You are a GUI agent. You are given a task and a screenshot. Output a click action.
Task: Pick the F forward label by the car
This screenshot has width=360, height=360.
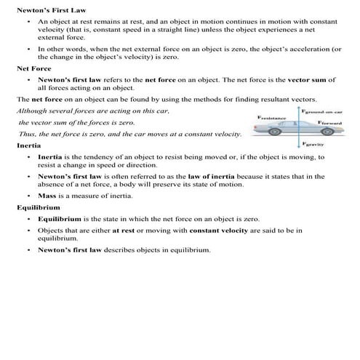[x=335, y=124]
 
